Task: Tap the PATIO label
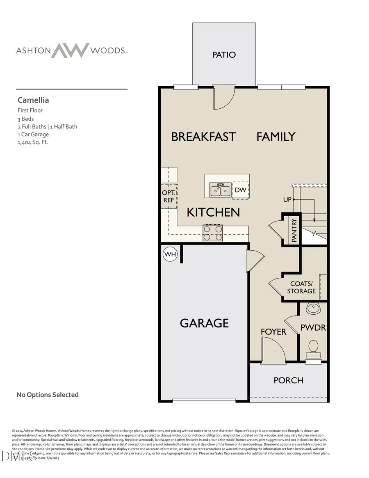click(224, 55)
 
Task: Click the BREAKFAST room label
click(203, 137)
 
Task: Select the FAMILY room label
click(276, 137)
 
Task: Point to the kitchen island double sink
click(220, 190)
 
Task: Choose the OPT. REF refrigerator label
click(168, 196)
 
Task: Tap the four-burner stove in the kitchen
click(213, 233)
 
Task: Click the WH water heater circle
click(170, 254)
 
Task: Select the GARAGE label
click(204, 323)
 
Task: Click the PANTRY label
click(294, 230)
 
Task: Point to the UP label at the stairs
click(287, 199)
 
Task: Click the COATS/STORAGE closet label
click(303, 287)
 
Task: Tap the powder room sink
click(314, 308)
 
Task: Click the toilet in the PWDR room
click(314, 346)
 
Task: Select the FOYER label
click(273, 331)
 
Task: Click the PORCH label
click(289, 380)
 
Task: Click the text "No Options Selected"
click(48, 395)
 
